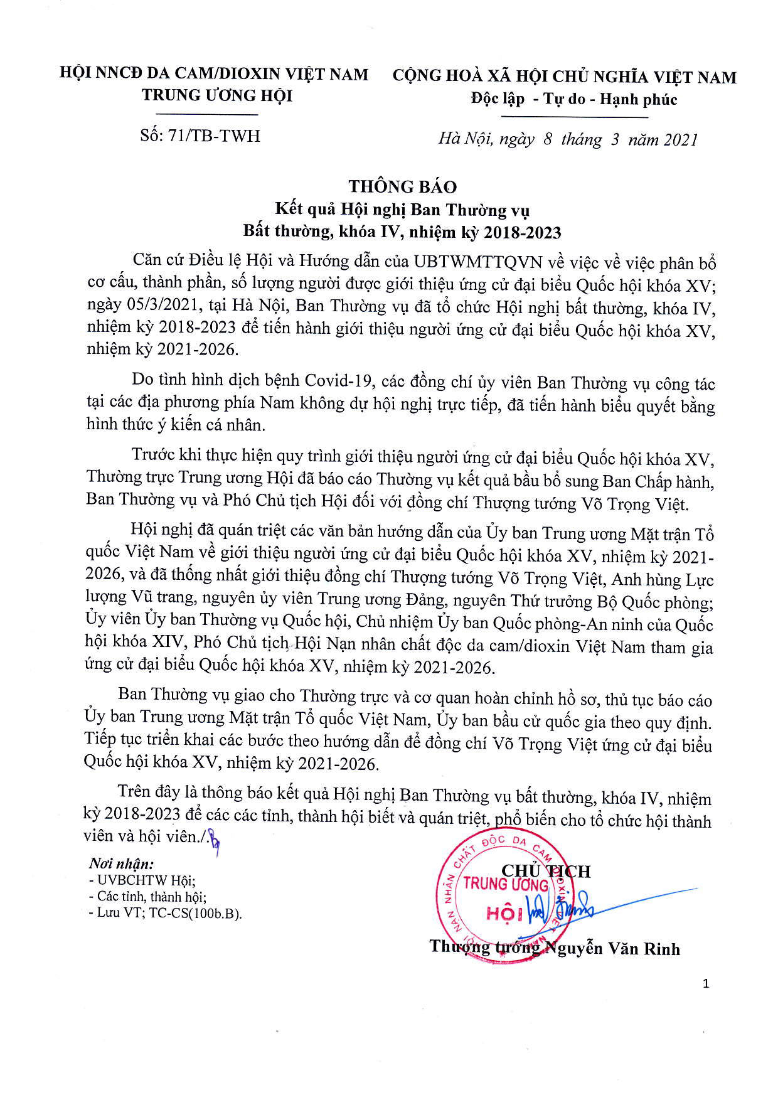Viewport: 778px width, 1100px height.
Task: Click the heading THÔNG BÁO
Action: [x=402, y=186]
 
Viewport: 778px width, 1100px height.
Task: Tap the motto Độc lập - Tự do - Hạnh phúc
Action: [x=574, y=99]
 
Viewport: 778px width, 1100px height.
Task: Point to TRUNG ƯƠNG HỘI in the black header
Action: [x=217, y=95]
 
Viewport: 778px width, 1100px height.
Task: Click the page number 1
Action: [x=706, y=983]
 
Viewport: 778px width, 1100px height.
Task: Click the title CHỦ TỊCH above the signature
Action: [x=546, y=871]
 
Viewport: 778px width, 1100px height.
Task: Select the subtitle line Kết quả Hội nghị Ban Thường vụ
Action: [x=403, y=210]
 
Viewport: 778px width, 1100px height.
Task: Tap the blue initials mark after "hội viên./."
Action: [x=216, y=837]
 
